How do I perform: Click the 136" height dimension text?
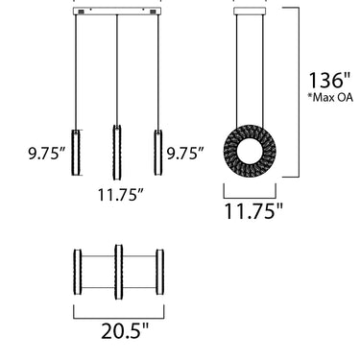point(329,80)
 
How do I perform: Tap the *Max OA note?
point(330,97)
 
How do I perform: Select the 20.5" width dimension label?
point(126,330)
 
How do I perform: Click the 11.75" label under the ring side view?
point(254,211)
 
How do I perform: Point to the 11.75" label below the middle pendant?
point(120,195)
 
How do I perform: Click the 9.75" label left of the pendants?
point(47,154)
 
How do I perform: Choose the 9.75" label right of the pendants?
point(185,154)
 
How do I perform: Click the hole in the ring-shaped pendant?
point(250,152)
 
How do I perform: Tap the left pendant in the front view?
point(76,153)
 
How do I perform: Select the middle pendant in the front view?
point(117,153)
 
